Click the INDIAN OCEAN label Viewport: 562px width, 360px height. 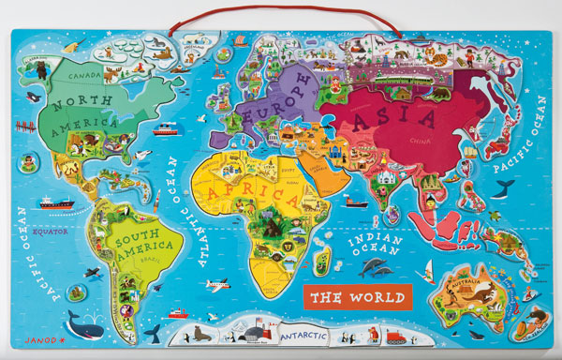click(x=372, y=243)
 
